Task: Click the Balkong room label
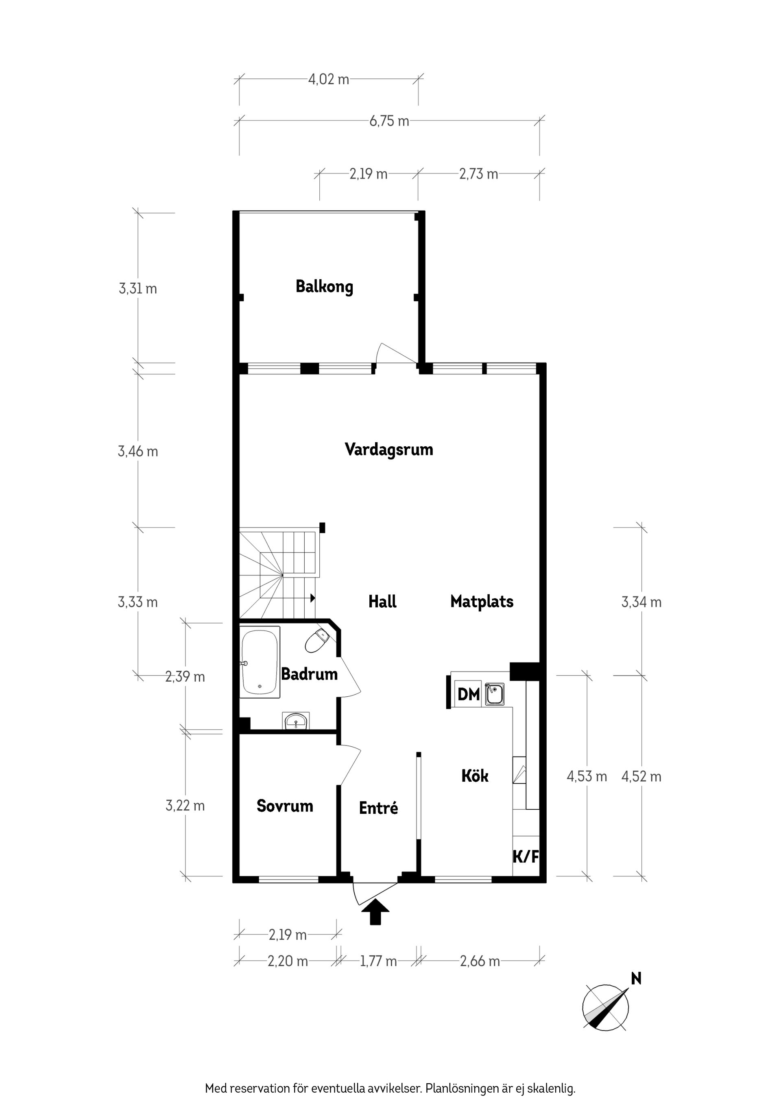[324, 287]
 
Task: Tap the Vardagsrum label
[389, 450]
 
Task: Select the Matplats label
[482, 602]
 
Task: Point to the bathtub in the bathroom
[260, 662]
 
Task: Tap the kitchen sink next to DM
[494, 694]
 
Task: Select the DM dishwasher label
[468, 694]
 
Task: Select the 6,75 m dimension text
[389, 121]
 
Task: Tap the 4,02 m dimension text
[329, 79]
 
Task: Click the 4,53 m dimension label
[587, 776]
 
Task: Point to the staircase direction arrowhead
[313, 598]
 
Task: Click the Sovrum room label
[285, 806]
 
